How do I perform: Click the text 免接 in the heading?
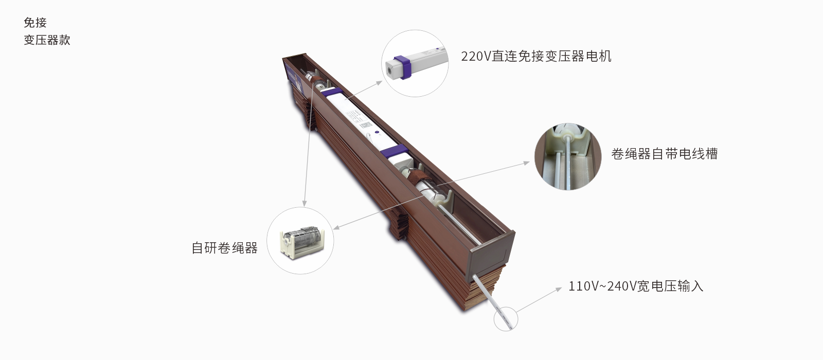[x=35, y=23]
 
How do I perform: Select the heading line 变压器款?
[x=47, y=40]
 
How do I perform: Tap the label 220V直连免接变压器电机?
[x=536, y=56]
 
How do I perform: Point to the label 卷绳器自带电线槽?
[x=664, y=154]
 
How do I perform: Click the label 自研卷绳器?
[x=224, y=248]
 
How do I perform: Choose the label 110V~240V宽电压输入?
[x=635, y=286]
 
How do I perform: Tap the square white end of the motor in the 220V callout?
[x=393, y=68]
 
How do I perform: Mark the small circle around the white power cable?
[x=506, y=318]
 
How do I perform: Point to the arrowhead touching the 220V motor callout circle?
[x=380, y=82]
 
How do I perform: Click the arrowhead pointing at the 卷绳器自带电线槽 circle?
[x=526, y=163]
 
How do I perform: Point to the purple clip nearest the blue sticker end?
[x=332, y=93]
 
